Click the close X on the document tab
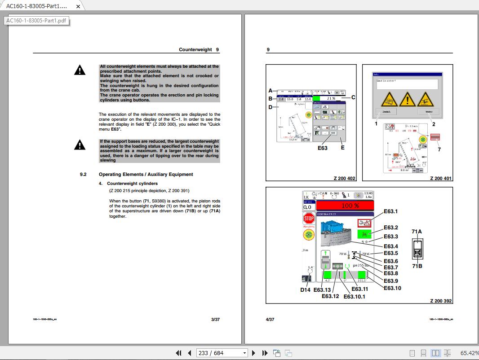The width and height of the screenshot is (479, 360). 78,6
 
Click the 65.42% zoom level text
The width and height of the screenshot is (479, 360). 469,353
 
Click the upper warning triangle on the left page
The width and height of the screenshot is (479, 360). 80,70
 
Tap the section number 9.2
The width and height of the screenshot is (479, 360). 83,174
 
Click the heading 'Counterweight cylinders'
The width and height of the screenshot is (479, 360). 132,184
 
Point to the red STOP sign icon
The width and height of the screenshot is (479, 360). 309,219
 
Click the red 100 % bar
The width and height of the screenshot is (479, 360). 345,206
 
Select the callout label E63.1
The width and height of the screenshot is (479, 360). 391,211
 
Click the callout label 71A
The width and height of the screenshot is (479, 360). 417,232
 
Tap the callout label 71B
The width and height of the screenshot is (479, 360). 417,266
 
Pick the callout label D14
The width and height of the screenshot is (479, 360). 305,290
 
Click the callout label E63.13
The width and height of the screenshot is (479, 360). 322,290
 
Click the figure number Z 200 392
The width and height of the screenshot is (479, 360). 441,301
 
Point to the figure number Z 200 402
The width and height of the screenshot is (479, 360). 344,178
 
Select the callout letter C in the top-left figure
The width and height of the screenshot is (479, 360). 353,97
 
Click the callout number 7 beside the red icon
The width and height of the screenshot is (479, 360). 439,149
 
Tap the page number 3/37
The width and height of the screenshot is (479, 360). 215,320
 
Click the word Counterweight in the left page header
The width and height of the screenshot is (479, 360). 195,50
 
